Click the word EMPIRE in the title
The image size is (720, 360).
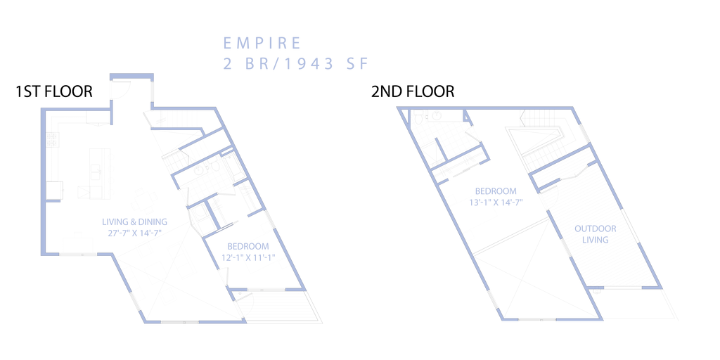click(x=262, y=42)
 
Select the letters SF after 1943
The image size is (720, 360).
click(x=356, y=63)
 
